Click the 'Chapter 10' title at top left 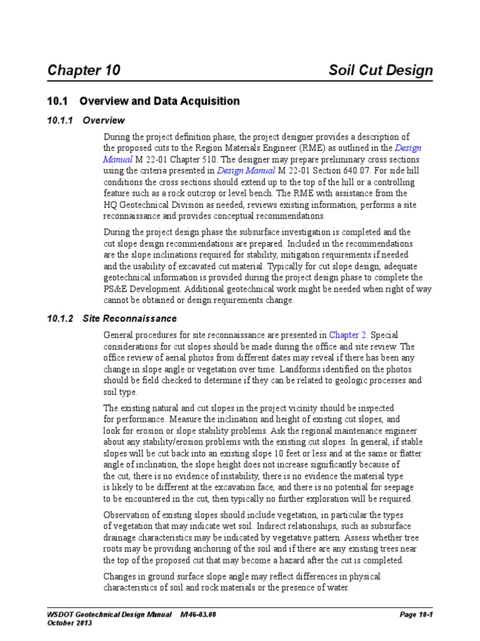click(x=84, y=70)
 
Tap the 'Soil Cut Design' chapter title click(x=381, y=70)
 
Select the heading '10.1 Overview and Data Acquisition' click(x=143, y=101)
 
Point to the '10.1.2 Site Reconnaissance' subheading click(x=112, y=319)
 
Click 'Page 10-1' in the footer click(x=416, y=615)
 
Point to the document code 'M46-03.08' click(x=202, y=615)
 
